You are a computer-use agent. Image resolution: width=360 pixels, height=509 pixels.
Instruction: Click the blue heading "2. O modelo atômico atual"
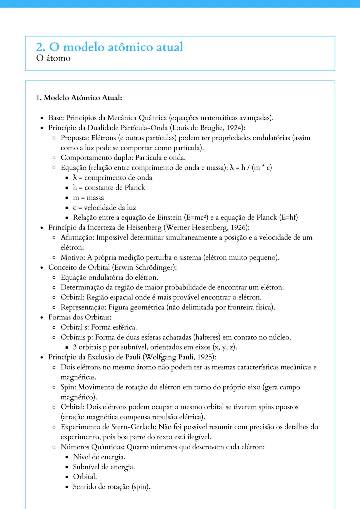[109, 47]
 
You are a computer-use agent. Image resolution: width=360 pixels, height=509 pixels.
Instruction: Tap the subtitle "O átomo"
[53, 58]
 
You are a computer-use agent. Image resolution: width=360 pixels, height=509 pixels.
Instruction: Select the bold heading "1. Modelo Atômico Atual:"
[79, 98]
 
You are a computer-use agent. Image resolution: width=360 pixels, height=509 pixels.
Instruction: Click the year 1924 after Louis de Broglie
[234, 128]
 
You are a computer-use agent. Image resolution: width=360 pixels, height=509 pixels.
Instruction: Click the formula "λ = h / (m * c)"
[251, 168]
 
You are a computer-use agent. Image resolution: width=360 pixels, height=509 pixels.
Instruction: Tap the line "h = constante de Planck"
[109, 188]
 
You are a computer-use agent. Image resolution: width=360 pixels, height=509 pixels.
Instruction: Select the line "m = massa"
[88, 198]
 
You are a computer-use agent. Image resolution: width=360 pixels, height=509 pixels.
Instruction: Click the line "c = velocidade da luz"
[104, 208]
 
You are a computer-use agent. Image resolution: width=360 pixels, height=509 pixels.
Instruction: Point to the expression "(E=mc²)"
[196, 218]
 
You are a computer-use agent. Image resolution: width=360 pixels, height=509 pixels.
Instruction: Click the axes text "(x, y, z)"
[225, 347]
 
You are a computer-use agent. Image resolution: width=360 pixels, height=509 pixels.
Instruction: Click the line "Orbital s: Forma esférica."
[99, 327]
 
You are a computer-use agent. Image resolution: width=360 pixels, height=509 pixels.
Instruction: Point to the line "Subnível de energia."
[104, 467]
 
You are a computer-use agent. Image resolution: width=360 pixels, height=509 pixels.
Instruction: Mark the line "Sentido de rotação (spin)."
[112, 487]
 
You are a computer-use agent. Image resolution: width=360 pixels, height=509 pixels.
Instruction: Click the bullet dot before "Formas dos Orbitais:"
[42, 317]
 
